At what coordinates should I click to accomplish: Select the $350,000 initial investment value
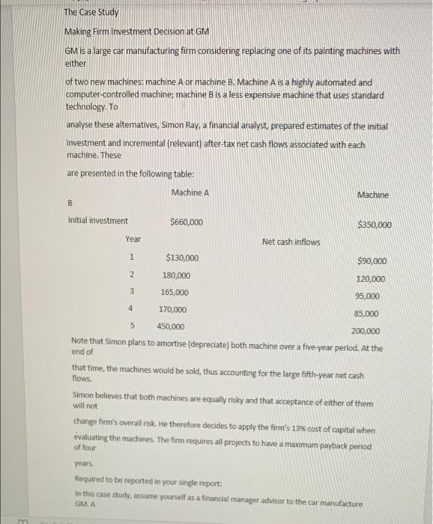pos(374,225)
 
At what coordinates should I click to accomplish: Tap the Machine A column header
pos(190,193)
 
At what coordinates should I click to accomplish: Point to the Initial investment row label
pos(97,221)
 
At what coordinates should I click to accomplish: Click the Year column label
pos(133,240)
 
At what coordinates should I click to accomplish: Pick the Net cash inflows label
pos(291,242)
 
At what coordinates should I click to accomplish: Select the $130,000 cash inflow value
pos(182,258)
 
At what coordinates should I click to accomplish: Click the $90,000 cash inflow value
pos(372,261)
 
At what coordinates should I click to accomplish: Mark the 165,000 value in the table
pos(175,292)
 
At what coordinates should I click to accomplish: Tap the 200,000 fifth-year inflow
pos(366,332)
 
